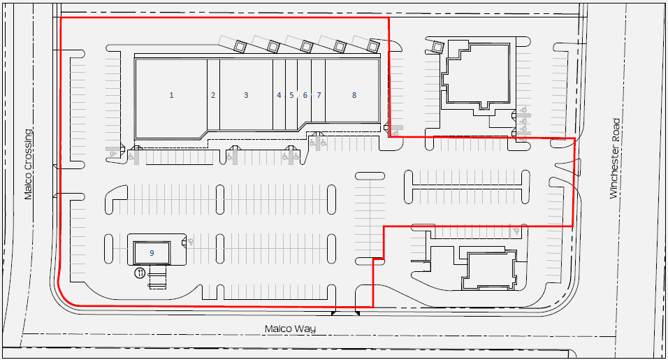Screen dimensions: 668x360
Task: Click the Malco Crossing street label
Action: pyautogui.click(x=28, y=164)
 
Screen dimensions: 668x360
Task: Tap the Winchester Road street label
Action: pyautogui.click(x=614, y=159)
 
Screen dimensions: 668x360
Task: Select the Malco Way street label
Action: pyautogui.click(x=290, y=329)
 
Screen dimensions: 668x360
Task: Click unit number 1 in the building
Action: pyautogui.click(x=171, y=95)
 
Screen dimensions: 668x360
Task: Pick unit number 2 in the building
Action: pyautogui.click(x=213, y=95)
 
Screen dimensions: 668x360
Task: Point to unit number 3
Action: pyautogui.click(x=246, y=95)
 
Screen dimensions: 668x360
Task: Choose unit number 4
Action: pyautogui.click(x=279, y=95)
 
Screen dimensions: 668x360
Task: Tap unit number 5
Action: pyautogui.click(x=291, y=95)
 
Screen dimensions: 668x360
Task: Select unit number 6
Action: pyautogui.click(x=305, y=95)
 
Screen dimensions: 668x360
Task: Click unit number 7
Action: pyautogui.click(x=319, y=95)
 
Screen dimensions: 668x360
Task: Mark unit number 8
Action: pyautogui.click(x=354, y=95)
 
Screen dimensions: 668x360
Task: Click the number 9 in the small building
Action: pyautogui.click(x=152, y=253)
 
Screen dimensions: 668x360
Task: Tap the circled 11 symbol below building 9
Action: pyautogui.click(x=140, y=273)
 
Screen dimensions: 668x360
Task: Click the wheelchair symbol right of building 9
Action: pyautogui.click(x=191, y=242)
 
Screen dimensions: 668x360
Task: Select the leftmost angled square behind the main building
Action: pyautogui.click(x=240, y=45)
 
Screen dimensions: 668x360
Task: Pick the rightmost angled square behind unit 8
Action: pyautogui.click(x=373, y=45)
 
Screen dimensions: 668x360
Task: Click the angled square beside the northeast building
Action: pyautogui.click(x=437, y=45)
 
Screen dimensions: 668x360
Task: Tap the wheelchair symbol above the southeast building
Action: pyautogui.click(x=516, y=231)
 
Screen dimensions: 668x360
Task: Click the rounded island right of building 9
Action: pyautogui.click(x=220, y=248)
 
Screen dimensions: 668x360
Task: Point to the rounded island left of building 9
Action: pyautogui.click(x=108, y=248)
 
